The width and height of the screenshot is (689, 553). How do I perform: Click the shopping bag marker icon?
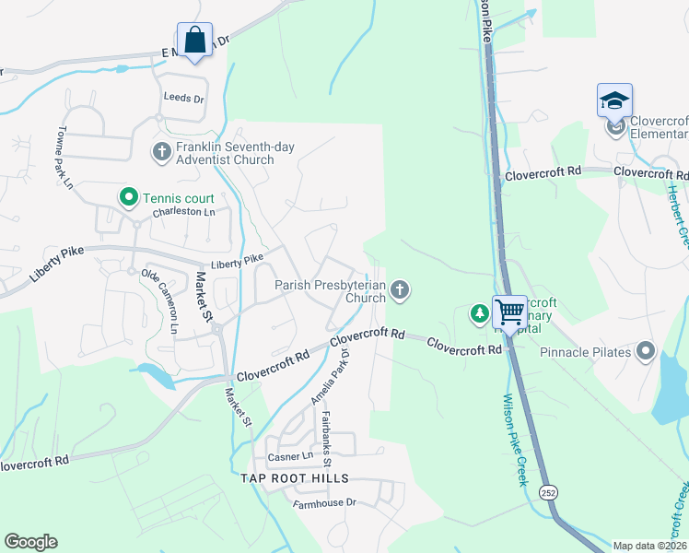coord(194,41)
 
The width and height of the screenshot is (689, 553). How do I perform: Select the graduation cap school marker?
coord(614,100)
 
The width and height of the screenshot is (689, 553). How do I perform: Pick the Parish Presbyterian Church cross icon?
coord(399,291)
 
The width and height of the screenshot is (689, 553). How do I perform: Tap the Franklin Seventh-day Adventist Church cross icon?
coord(162,151)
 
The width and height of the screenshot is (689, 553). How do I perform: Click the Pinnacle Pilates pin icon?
coord(645,351)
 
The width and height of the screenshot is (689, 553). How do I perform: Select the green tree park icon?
coord(479,314)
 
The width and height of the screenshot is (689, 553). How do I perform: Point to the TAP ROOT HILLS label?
coord(295,478)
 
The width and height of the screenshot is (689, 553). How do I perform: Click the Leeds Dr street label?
coord(183,97)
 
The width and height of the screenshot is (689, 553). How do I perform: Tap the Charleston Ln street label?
coord(183,211)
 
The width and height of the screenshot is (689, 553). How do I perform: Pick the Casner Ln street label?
coord(290,455)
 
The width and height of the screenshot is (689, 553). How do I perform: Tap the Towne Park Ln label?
coord(65,157)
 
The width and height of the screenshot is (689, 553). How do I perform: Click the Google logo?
coord(31,542)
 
